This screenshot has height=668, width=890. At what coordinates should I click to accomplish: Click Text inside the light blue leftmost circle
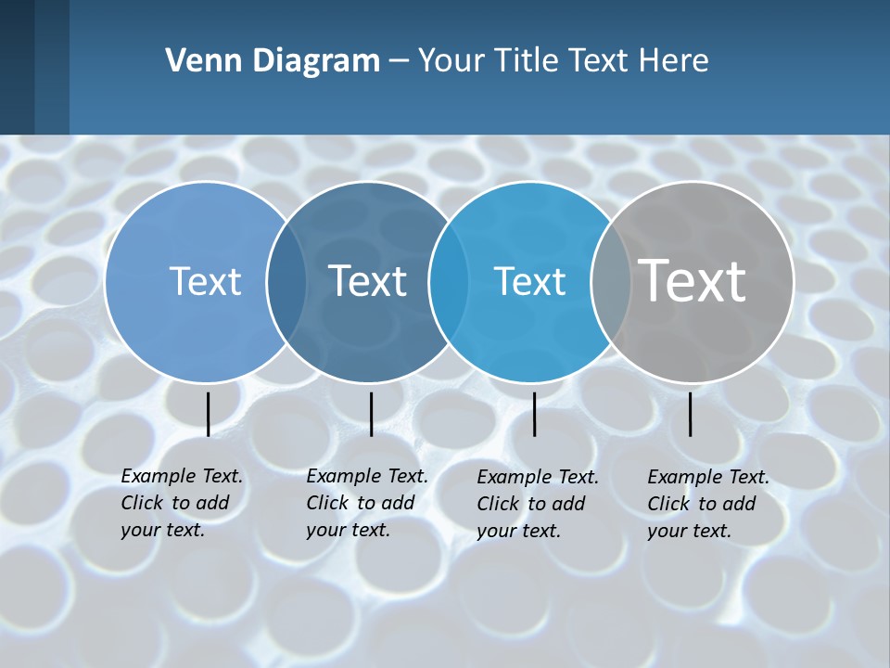point(205,281)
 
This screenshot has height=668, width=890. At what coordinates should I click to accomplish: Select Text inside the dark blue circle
point(367,281)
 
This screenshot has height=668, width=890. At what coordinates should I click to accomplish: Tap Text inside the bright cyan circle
point(529,281)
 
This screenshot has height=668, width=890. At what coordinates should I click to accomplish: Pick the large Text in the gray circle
point(693,280)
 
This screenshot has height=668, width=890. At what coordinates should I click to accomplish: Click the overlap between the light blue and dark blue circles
point(286,281)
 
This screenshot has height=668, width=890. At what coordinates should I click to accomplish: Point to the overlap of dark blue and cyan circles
point(449,281)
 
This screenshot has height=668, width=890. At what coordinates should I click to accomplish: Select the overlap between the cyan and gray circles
point(610,281)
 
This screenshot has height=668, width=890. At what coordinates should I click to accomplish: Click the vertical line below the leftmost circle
point(208,414)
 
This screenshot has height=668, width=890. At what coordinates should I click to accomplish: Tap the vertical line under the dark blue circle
point(371,414)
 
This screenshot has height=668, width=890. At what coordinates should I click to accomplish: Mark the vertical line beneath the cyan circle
point(534,414)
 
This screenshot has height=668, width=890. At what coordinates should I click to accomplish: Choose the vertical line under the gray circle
point(690,414)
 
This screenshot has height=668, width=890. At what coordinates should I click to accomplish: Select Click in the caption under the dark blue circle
point(326,503)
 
